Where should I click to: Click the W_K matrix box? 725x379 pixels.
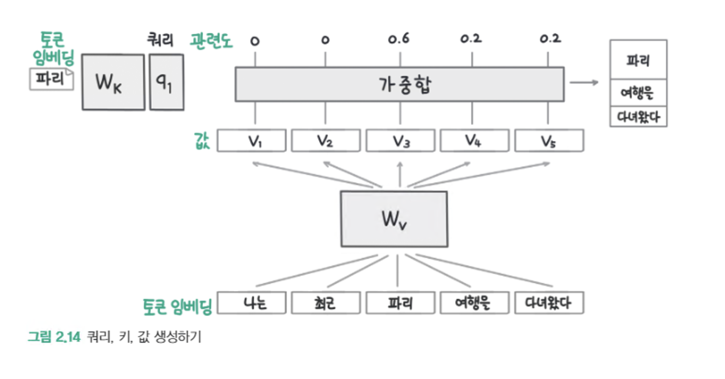(x=113, y=82)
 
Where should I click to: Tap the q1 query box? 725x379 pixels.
(x=166, y=82)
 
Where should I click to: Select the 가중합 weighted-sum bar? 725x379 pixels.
(x=399, y=84)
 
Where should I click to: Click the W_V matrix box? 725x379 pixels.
(x=394, y=219)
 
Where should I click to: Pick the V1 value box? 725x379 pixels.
(x=252, y=141)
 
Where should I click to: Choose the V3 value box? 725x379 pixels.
(x=400, y=141)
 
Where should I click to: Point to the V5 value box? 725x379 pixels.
(x=549, y=141)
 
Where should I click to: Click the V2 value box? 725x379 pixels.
(x=326, y=141)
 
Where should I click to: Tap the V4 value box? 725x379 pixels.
(x=474, y=141)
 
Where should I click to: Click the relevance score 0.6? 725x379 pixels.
(x=399, y=39)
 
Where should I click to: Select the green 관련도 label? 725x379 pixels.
(x=211, y=41)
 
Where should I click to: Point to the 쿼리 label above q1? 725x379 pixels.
(x=160, y=40)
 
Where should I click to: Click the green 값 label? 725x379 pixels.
(x=202, y=140)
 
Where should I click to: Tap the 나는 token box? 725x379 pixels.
(x=252, y=303)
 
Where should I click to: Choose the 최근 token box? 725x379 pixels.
(x=326, y=303)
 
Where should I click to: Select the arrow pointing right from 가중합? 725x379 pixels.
(x=584, y=82)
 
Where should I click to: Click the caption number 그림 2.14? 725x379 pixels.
(x=54, y=337)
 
